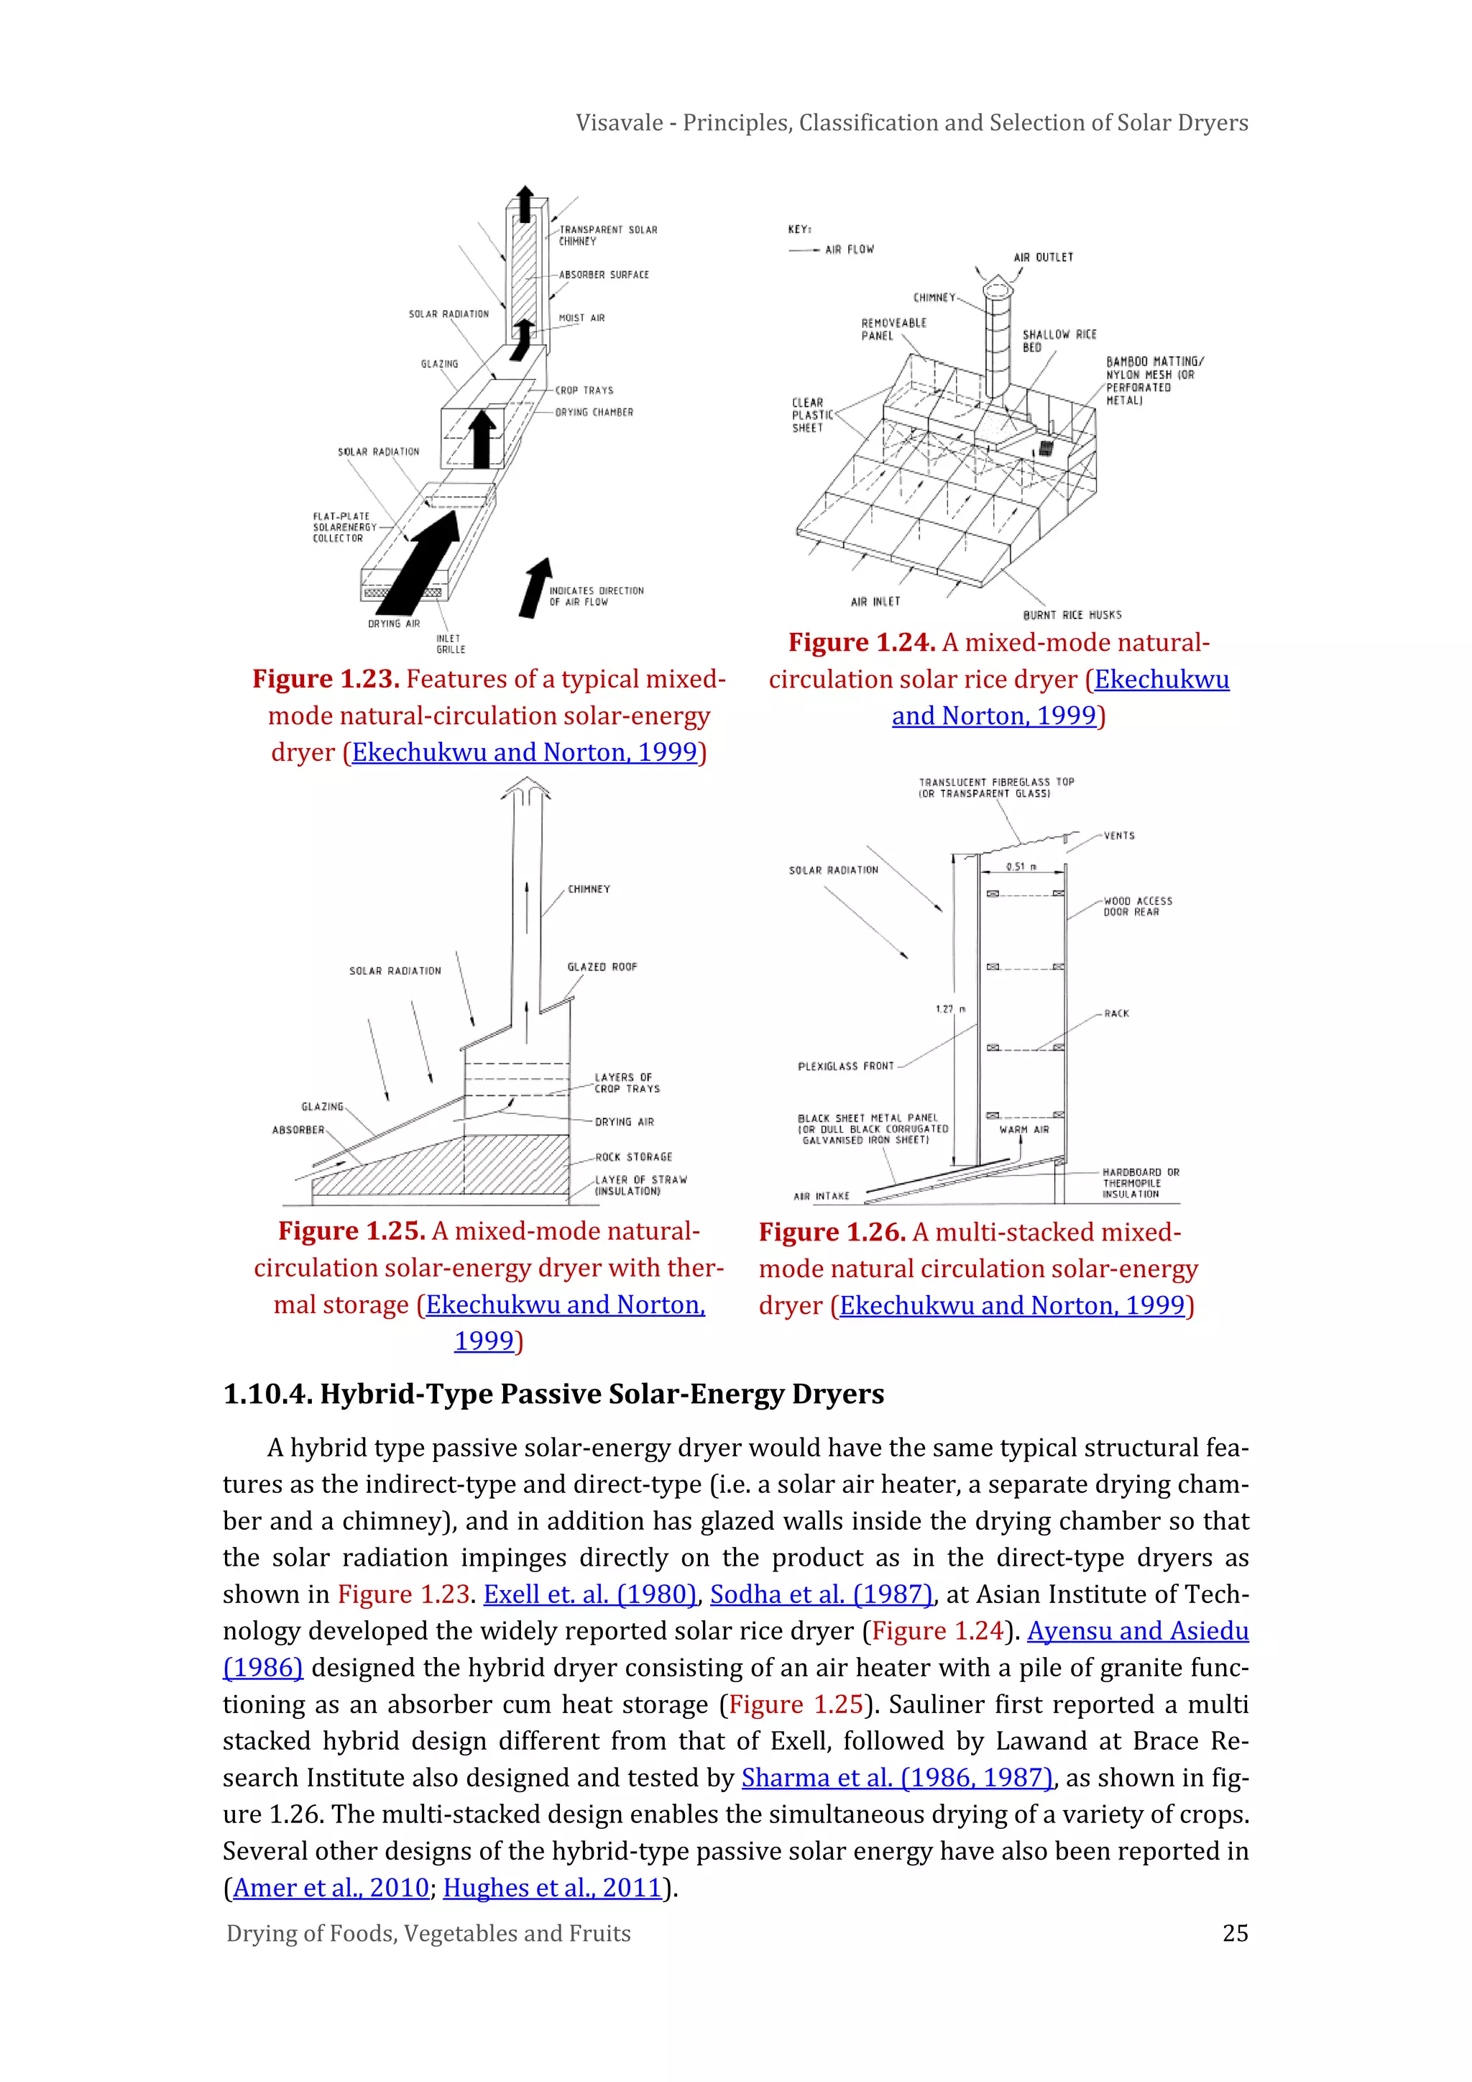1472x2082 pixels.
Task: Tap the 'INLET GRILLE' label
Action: coord(451,644)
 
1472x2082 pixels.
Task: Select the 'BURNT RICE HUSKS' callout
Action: coord(1072,615)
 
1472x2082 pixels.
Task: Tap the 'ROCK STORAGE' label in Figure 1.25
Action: coord(633,1157)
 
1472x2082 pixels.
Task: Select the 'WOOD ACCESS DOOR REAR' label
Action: coord(1138,907)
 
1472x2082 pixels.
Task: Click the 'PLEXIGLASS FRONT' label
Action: coord(846,1067)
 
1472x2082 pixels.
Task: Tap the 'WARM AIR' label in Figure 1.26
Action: coord(1024,1130)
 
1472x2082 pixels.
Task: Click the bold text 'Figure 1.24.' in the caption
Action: coord(861,643)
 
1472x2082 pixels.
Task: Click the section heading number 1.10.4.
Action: coord(267,1394)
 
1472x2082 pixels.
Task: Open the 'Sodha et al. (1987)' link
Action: coord(820,1594)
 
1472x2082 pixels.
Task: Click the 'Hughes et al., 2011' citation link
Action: coord(552,1887)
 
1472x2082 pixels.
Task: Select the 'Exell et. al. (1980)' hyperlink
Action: coord(589,1594)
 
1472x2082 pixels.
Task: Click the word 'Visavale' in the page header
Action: coord(619,122)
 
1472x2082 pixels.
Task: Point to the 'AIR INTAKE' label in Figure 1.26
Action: coord(822,1196)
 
